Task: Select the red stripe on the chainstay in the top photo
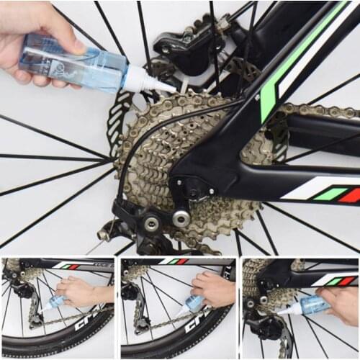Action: (349, 195)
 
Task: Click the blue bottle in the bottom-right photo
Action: (313, 305)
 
